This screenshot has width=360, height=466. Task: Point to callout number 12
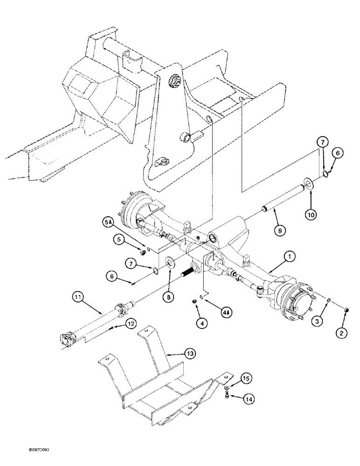coord(131,323)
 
